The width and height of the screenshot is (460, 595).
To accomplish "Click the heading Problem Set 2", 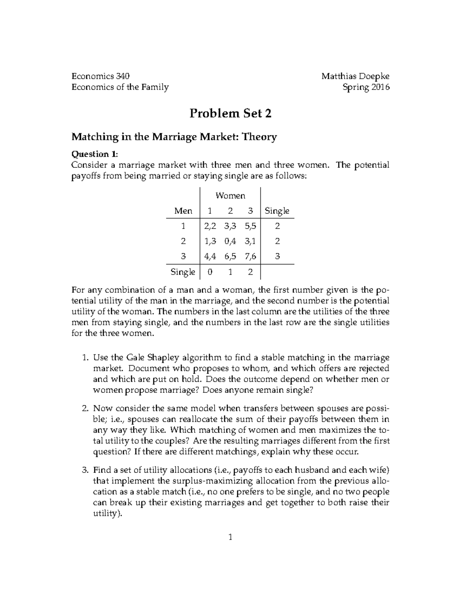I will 230,113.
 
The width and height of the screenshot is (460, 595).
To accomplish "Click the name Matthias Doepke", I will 355,76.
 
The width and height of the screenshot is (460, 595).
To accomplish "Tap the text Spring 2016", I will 366,87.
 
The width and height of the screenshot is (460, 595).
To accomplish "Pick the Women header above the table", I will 230,196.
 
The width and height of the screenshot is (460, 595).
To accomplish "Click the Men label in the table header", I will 183,211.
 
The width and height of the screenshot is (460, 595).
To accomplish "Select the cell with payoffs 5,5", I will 250,226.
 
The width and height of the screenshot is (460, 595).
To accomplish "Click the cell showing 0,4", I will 230,241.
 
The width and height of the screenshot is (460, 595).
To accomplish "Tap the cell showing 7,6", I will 250,256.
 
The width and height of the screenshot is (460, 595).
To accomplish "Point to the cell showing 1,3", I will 210,241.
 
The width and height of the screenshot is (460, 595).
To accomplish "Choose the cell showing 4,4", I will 210,256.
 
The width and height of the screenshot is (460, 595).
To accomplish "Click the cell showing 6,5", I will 230,256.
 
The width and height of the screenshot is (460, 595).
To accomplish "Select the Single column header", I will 277,211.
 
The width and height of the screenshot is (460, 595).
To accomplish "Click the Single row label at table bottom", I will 183,272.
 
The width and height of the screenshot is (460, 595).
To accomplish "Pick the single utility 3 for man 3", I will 277,256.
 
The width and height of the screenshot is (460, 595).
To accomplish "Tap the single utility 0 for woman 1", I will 209,272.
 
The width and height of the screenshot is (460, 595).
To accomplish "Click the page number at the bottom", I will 230,537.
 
